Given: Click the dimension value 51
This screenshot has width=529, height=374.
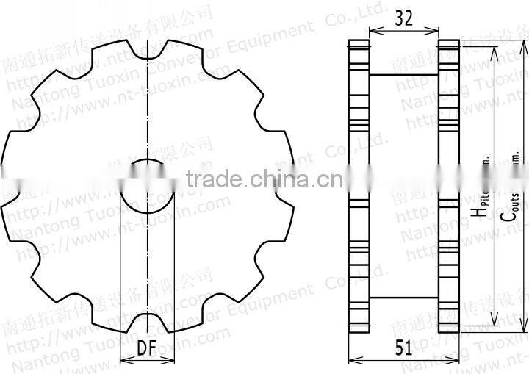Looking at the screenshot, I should (x=403, y=348).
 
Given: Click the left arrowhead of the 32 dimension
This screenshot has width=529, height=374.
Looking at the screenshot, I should (x=371, y=32).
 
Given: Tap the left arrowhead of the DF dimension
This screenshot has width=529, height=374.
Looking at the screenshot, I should (x=121, y=360).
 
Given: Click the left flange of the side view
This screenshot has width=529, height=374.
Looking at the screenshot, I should (x=358, y=184).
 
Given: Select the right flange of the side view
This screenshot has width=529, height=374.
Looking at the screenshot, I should (x=448, y=184).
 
